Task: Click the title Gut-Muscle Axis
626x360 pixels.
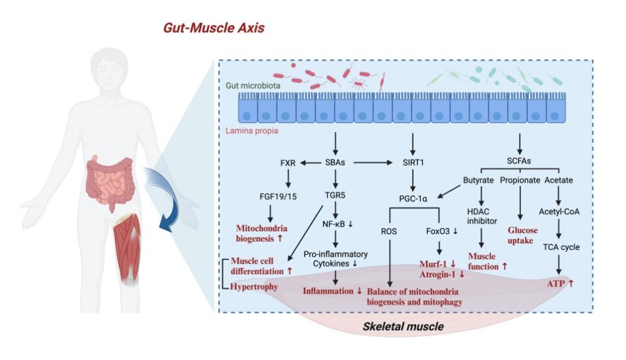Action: point(214,29)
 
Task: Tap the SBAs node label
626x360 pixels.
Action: point(336,163)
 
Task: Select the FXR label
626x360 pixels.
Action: point(287,163)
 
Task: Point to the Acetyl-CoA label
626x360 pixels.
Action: point(562,211)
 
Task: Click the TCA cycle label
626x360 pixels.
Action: point(562,247)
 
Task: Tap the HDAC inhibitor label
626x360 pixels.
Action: point(481,216)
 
